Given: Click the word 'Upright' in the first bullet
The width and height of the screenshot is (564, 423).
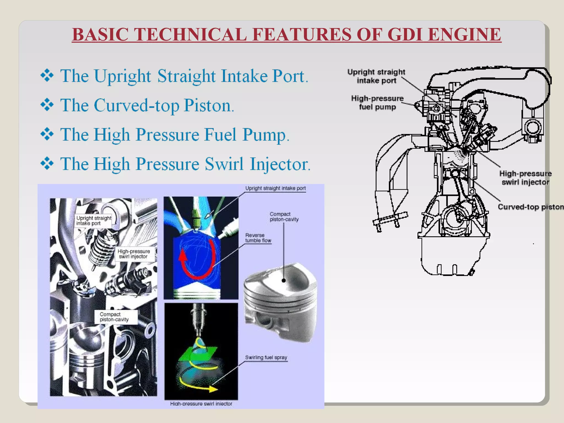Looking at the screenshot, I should click(123, 76).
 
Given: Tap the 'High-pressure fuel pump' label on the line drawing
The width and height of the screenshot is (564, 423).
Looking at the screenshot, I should click(377, 102).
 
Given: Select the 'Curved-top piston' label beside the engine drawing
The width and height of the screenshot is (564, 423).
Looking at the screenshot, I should click(530, 207).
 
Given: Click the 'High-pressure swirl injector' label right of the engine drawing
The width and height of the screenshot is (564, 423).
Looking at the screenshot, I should click(525, 178).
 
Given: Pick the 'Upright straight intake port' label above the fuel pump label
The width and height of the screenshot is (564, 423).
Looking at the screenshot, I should click(376, 76).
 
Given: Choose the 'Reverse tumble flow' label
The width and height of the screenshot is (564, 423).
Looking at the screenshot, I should click(258, 238).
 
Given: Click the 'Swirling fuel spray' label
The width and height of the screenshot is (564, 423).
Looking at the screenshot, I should click(266, 357).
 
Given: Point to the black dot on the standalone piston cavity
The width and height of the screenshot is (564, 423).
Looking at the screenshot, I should click(284, 281).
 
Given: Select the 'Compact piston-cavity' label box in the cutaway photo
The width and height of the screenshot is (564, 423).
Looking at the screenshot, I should click(115, 317).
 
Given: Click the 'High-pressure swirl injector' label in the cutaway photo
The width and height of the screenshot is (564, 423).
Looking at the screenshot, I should click(134, 254).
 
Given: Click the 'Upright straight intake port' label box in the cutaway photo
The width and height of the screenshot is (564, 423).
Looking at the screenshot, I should click(94, 221).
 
